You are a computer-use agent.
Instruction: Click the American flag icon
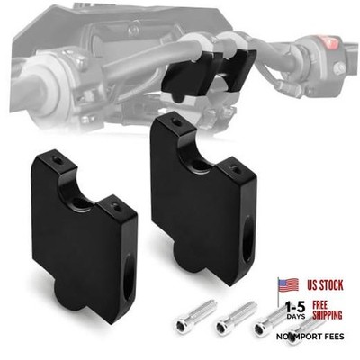pos(288,285)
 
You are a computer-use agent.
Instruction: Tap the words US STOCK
pos(325,285)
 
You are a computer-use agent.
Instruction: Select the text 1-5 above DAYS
pos(295,307)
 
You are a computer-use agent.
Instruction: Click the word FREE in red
pos(320,305)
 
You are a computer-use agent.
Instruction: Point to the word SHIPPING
pos(328,315)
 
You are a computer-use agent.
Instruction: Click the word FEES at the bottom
pos(333,337)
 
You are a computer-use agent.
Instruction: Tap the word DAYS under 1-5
pos(296,317)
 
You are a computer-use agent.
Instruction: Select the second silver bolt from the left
pos(237,316)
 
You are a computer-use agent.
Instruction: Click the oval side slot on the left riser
pos(129,276)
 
